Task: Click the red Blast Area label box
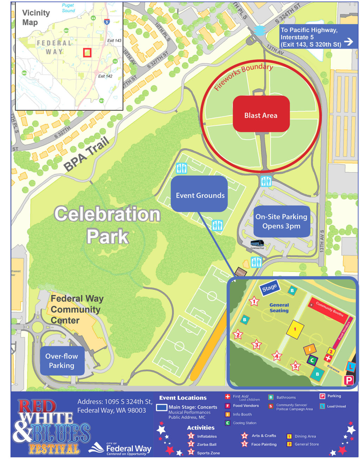pos(261,114)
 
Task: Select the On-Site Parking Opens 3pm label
pos(281,221)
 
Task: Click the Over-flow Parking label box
pos(62,361)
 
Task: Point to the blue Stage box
pos(270,288)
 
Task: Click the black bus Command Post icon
pos(258,243)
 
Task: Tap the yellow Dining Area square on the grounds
pos(295,330)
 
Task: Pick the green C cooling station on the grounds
pos(312,360)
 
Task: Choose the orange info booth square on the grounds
pos(310,349)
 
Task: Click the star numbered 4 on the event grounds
pos(277,356)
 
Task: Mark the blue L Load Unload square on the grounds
pos(351,366)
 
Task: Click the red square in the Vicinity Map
pos(87,53)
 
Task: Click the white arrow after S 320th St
pos(348,42)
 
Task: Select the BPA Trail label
pos(86,154)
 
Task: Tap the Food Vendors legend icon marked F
pos(227,406)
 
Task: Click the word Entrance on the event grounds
pos(333,369)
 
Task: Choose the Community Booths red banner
pos(329,308)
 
